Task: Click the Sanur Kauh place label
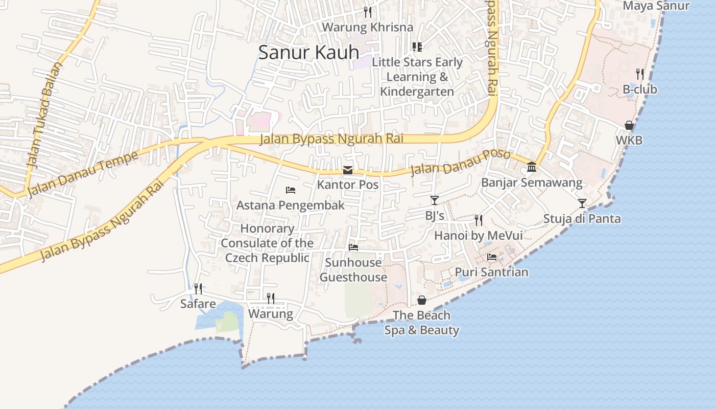pos(308,53)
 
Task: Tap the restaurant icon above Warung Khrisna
pos(368,12)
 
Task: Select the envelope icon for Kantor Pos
pos(348,170)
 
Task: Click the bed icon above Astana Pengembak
pos(291,190)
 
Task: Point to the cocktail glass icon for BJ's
pos(434,200)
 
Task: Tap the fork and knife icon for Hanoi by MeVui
pos(479,220)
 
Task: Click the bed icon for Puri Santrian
pos(492,257)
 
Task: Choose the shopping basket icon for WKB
pos(629,125)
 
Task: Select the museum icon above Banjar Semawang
pos(532,167)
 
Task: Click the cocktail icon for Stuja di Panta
pos(582,203)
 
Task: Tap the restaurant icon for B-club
pos(640,74)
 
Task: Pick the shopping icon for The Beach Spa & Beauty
pos(422,300)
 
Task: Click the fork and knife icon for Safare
pos(198,289)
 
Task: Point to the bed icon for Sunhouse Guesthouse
pos(353,247)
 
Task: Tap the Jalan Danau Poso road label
pos(460,162)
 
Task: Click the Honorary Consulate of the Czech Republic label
pos(267,243)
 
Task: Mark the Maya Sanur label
pos(656,6)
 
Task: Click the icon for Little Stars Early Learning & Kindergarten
pos(417,47)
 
